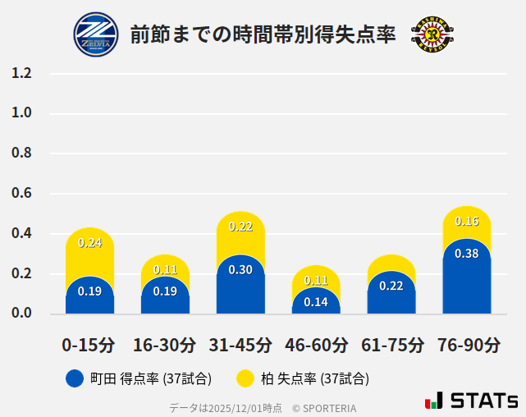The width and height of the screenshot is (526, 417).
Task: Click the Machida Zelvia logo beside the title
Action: coord(96,34)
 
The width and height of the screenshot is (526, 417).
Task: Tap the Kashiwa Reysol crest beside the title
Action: coord(431,34)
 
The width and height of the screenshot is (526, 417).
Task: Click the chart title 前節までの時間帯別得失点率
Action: coord(263,34)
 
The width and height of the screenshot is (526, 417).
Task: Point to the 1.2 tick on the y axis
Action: coord(22,74)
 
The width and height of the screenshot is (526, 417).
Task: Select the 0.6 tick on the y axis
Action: coord(22,194)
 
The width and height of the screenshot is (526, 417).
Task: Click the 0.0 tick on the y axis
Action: coord(22,314)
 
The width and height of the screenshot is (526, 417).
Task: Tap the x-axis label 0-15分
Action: coord(89,345)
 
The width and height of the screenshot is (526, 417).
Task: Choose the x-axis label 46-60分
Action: coord(316,345)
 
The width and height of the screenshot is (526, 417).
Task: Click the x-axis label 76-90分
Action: coord(467,345)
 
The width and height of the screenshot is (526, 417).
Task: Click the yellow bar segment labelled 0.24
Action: coord(89,250)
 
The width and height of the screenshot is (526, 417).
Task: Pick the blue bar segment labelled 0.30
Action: coord(240,287)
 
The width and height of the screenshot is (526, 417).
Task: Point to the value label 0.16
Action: coord(467,221)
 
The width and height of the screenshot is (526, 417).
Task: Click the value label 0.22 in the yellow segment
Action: coord(240,227)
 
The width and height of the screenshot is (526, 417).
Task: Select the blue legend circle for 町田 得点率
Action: coord(75,378)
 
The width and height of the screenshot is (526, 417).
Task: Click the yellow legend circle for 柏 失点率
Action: coord(245,378)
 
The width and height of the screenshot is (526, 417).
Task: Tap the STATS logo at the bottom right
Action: coord(471,401)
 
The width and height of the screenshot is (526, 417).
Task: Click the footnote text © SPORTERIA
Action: coord(324,407)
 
